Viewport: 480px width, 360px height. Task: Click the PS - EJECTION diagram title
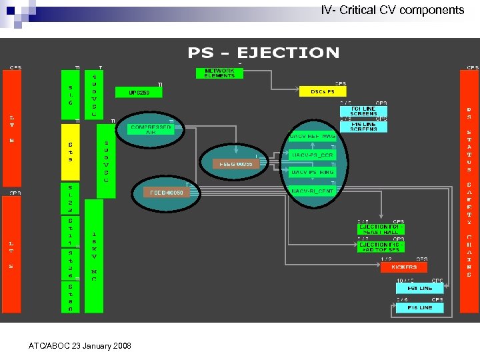[263, 53]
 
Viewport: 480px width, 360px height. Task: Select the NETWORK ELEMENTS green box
[219, 73]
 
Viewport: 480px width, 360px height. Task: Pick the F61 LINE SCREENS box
[363, 111]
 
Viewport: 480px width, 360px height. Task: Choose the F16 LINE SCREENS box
[363, 126]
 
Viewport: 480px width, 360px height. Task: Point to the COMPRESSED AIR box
[151, 129]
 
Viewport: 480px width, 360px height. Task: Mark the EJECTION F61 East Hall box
[381, 229]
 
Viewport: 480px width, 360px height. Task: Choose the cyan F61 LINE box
[419, 288]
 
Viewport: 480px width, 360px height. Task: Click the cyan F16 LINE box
[419, 307]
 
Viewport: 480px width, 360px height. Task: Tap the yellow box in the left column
[71, 152]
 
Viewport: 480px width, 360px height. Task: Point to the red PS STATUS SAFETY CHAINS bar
[469, 190]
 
